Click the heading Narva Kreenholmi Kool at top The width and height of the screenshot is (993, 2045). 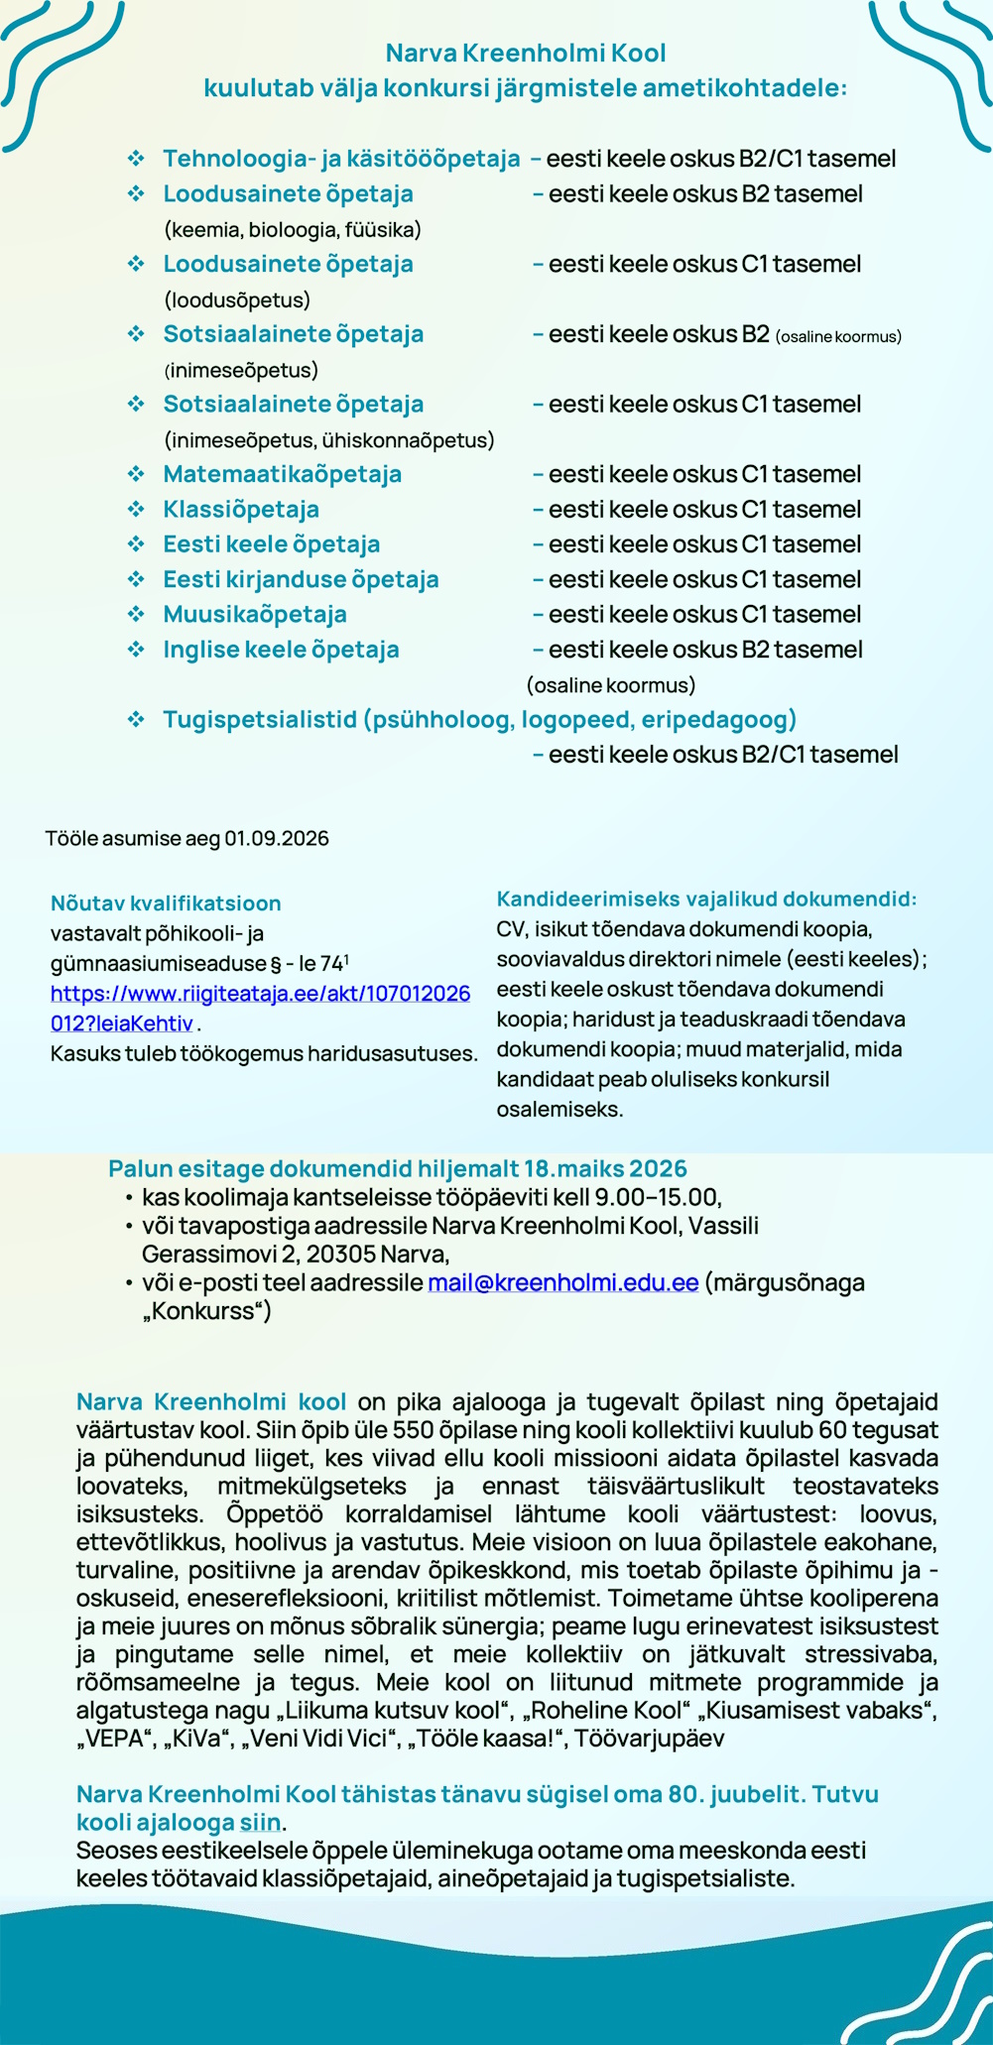525,53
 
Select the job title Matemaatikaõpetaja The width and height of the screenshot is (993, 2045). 282,474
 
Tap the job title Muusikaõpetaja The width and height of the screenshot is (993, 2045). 255,615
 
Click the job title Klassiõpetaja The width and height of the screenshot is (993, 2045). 241,510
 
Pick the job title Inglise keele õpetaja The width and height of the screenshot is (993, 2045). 281,650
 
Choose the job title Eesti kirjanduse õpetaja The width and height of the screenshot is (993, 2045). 301,579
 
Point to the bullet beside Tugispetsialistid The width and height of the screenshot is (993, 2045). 136,720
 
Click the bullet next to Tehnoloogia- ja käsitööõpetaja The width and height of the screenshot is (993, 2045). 136,159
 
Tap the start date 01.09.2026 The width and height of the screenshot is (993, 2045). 276,839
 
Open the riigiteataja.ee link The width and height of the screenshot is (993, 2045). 260,994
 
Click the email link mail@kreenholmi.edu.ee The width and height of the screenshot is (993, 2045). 562,1282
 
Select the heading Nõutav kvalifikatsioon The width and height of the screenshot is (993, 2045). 166,903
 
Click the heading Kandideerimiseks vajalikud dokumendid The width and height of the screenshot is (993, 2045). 706,900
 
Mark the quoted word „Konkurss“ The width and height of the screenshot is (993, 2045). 206,1311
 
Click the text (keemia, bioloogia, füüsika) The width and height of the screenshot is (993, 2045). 292,230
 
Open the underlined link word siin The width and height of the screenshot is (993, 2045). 265,1823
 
